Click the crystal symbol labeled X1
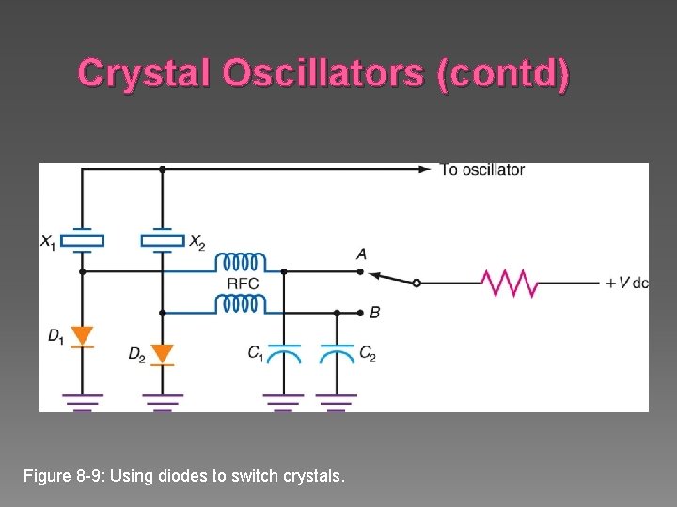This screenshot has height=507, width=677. tap(82, 239)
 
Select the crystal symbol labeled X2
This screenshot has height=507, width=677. tap(163, 239)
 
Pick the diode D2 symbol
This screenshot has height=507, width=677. tap(163, 354)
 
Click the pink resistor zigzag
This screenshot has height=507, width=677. tap(509, 283)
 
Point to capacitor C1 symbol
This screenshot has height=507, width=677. tap(284, 353)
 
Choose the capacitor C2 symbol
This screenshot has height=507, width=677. tap(337, 353)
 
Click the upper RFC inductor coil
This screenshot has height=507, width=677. tap(241, 262)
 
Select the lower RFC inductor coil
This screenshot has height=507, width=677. tap(241, 303)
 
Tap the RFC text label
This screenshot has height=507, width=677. tap(243, 283)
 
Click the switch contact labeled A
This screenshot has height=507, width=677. tap(360, 271)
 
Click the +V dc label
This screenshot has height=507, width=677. tap(626, 283)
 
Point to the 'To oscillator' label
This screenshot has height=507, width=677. tap(482, 170)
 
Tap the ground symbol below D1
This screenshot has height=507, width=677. tap(82, 401)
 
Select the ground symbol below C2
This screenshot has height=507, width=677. tap(337, 401)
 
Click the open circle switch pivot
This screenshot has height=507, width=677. tap(417, 283)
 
